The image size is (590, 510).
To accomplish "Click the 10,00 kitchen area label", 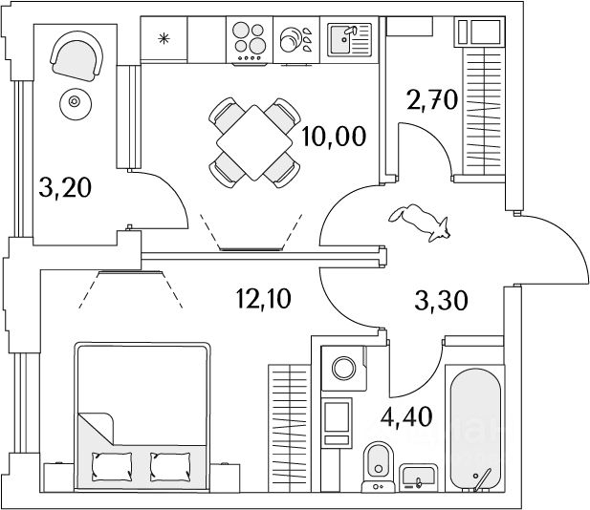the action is pyautogui.click(x=334, y=137).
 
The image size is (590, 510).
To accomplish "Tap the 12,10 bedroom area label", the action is pyautogui.click(x=264, y=299).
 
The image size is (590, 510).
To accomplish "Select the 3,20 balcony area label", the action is pyautogui.click(x=65, y=188).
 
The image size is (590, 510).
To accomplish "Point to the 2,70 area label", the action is pyautogui.click(x=432, y=100).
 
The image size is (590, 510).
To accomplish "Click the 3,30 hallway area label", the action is pyautogui.click(x=441, y=301).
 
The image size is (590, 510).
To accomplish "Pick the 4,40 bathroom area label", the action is pyautogui.click(x=406, y=416).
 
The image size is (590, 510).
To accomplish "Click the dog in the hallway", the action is pyautogui.click(x=420, y=223).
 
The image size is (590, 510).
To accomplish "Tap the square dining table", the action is pyautogui.click(x=254, y=143).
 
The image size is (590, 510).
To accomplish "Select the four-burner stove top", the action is pyautogui.click(x=249, y=41).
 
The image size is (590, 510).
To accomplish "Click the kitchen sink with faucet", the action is pyautogui.click(x=349, y=40).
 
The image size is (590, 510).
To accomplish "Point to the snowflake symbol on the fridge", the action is pyautogui.click(x=164, y=38).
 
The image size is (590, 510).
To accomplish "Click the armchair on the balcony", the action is pyautogui.click(x=76, y=55).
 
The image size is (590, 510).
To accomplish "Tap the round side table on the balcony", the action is pyautogui.click(x=76, y=104).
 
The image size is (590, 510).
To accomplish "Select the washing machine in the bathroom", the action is pyautogui.click(x=343, y=369).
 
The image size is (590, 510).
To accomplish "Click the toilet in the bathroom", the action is pyautogui.click(x=378, y=467).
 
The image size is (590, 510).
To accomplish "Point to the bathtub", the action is pyautogui.click(x=475, y=428).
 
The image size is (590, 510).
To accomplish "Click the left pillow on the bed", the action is pyautogui.click(x=112, y=466).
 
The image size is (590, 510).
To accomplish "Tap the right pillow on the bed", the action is pyautogui.click(x=170, y=466).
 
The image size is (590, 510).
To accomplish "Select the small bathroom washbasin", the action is pyautogui.click(x=419, y=478).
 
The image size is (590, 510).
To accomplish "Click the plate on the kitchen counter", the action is pyautogui.click(x=291, y=40).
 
